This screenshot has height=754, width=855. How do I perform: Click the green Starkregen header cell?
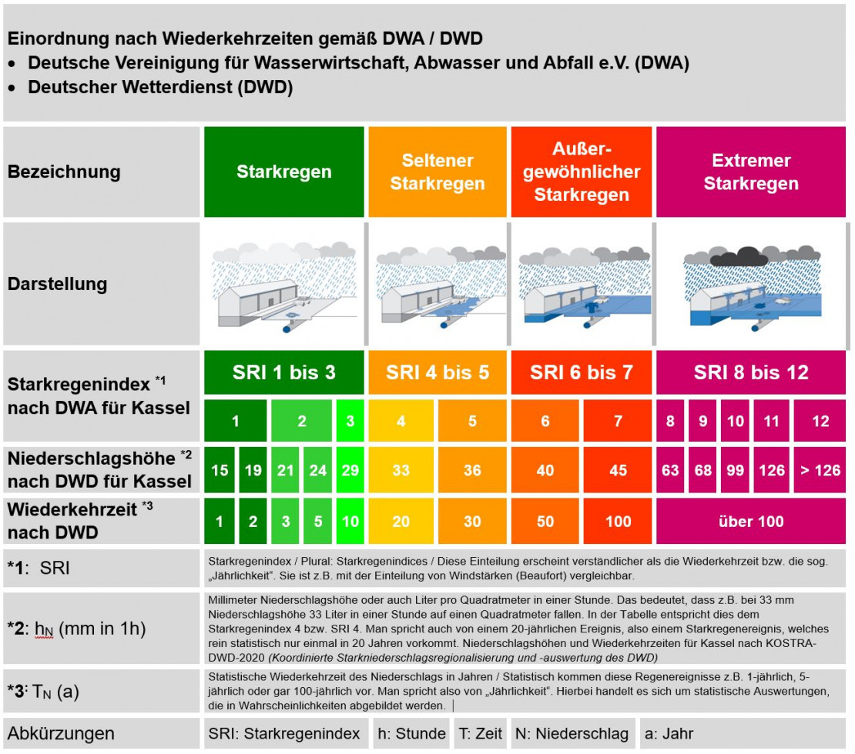click(x=283, y=172)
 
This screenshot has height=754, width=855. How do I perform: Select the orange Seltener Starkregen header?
click(x=438, y=172)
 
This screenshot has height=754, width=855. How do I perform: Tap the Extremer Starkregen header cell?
click(x=751, y=172)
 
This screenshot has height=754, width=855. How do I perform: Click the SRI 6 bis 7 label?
click(x=581, y=372)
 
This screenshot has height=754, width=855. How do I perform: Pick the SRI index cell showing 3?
click(x=350, y=421)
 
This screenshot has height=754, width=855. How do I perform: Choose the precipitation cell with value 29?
click(x=350, y=469)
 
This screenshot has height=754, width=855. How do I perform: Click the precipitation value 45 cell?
click(x=618, y=469)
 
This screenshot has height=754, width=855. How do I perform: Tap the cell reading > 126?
click(x=820, y=469)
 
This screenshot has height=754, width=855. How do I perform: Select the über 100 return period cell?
click(x=751, y=521)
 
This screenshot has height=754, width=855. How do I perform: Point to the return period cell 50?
click(x=545, y=521)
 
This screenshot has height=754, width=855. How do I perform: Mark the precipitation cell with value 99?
click(x=736, y=469)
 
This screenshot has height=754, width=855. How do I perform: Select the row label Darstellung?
click(x=58, y=284)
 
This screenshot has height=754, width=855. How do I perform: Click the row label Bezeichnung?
click(x=64, y=172)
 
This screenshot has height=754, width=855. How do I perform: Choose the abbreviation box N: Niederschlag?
click(x=572, y=733)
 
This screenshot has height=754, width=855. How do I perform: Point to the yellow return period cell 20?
click(x=401, y=521)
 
